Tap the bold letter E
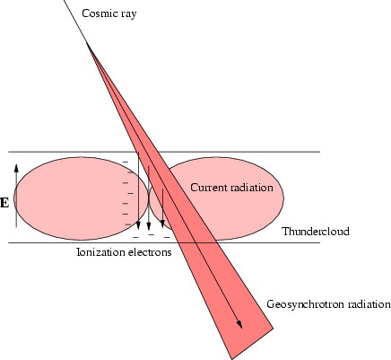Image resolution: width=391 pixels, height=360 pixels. pos(4,203)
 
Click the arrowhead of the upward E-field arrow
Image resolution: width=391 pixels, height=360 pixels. pos(16,168)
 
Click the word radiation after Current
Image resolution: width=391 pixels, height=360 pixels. pos(252,188)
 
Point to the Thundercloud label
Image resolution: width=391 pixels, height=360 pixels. pos(316,232)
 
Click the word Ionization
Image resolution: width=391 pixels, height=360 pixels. pos(100,252)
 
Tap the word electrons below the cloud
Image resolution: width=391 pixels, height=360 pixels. pos(150,252)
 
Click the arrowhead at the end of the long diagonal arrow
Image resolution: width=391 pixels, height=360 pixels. pos(239,324)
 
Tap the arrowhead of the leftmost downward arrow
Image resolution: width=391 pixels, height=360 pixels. pos(138,225)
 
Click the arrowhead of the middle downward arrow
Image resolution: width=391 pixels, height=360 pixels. pos(149,225)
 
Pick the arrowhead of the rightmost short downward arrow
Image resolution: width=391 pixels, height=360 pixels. pos(162,224)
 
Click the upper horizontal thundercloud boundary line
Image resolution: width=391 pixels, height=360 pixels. pos(164,152)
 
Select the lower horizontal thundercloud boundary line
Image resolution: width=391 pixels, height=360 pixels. pos(164,242)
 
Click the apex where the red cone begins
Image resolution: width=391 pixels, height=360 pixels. pos(87,43)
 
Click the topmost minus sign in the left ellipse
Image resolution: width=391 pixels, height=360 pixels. pos(126,162)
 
